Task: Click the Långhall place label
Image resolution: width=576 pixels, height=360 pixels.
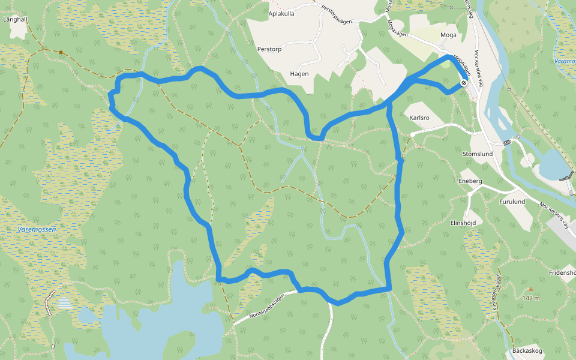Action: (16, 19)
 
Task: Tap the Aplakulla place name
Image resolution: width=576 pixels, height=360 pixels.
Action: (281, 13)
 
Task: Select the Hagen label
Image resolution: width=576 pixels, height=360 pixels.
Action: (299, 74)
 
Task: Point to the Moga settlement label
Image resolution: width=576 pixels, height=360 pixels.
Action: (448, 35)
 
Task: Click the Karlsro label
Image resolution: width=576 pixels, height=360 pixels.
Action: (419, 118)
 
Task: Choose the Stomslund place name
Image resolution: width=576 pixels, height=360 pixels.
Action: (478, 154)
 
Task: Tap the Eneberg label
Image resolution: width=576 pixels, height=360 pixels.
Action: (470, 181)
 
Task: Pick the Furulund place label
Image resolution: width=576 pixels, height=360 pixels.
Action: (512, 202)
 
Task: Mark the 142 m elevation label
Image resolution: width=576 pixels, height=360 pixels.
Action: (530, 298)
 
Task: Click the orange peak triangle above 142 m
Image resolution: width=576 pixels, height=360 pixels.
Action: (530, 289)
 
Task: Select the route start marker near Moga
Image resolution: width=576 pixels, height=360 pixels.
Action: (464, 83)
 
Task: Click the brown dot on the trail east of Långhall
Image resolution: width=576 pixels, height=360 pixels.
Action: (61, 52)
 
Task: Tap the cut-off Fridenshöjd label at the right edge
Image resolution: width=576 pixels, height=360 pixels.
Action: (562, 272)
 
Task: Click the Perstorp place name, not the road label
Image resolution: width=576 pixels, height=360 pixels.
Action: (269, 49)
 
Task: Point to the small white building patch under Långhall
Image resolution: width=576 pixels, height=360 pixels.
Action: (18, 31)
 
